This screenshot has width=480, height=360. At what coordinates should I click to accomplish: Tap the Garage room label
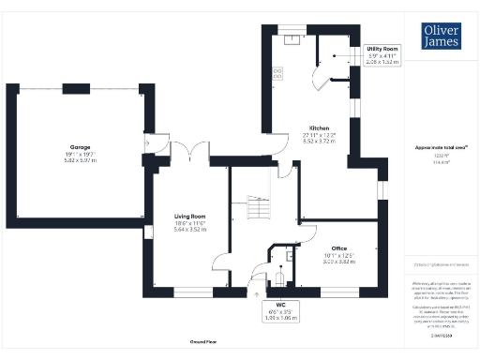tap(78, 147)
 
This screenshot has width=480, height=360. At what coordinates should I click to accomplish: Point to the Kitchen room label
tap(319, 128)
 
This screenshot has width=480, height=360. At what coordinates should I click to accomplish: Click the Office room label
tap(340, 247)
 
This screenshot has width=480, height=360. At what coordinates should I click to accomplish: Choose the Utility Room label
tap(382, 48)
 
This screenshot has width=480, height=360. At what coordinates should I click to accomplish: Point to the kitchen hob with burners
tap(278, 71)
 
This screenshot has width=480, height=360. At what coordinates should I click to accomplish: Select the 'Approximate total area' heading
tap(441, 147)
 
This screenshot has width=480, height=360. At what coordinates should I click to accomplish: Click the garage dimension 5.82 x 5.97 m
tap(79, 161)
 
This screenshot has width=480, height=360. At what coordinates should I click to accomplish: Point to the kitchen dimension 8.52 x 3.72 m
tap(319, 142)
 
